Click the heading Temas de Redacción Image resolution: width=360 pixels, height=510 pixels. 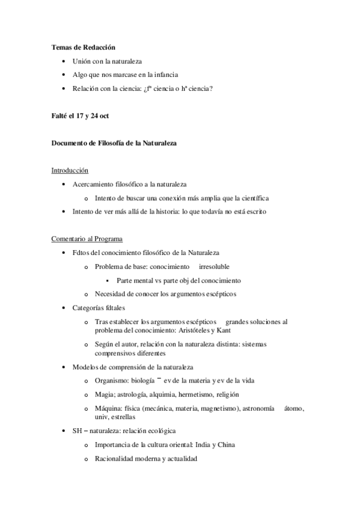click(83, 47)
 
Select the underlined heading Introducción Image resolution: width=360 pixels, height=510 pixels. click(70, 171)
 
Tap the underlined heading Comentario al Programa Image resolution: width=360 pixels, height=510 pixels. click(87, 239)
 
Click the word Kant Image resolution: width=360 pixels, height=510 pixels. click(223, 330)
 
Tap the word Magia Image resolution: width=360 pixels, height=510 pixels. click(105, 395)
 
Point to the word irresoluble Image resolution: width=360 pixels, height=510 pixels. click(215, 266)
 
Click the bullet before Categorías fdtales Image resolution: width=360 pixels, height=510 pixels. click(65, 308)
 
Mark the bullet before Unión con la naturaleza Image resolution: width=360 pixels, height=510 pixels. click(65, 61)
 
